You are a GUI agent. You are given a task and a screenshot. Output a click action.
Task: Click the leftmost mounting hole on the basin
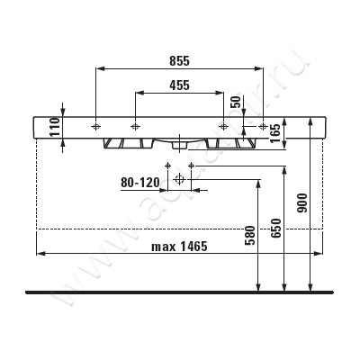click(x=95, y=126)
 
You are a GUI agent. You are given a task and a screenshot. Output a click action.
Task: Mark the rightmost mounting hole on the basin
click(x=262, y=126)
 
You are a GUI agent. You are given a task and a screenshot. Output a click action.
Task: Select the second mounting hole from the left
click(x=134, y=126)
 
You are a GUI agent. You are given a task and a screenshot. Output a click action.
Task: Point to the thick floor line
click(x=180, y=292)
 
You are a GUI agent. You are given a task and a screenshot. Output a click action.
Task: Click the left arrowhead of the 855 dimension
click(x=98, y=67)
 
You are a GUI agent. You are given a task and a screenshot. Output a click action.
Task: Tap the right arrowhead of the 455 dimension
click(x=220, y=93)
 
